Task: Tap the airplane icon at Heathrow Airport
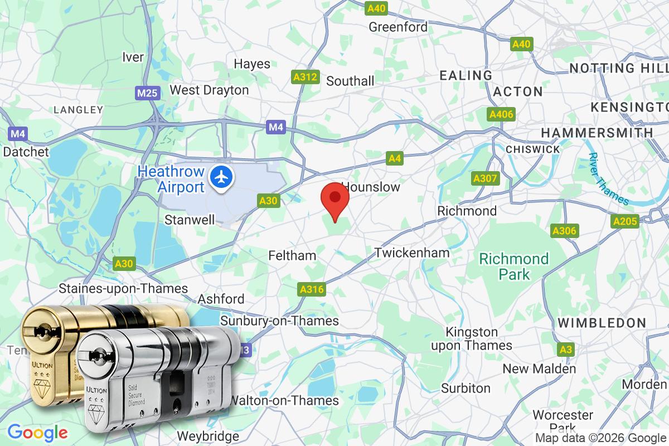pyautogui.click(x=222, y=178)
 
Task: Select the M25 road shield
pyautogui.click(x=147, y=93)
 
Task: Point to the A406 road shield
pyautogui.click(x=501, y=114)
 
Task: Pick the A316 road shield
pyautogui.click(x=312, y=289)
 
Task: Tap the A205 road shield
pyautogui.click(x=624, y=221)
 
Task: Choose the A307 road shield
pyautogui.click(x=485, y=178)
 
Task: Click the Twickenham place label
pyautogui.click(x=412, y=253)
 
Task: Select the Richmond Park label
pyautogui.click(x=514, y=266)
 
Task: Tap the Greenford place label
pyautogui.click(x=398, y=27)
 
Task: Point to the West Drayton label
pyautogui.click(x=209, y=90)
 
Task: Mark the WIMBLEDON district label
pyautogui.click(x=602, y=323)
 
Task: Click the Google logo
pyautogui.click(x=37, y=432)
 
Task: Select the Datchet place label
pyautogui.click(x=26, y=151)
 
